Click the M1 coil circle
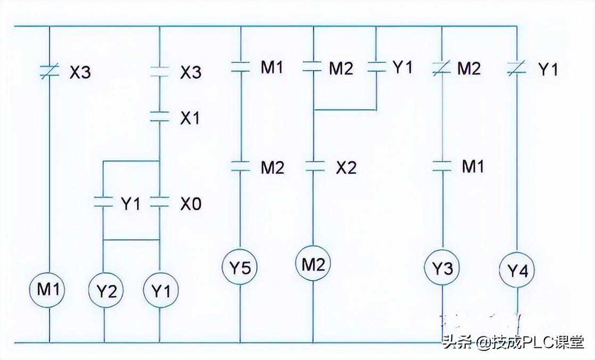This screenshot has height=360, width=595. pos(49,290)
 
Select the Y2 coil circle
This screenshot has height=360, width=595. pos(104,291)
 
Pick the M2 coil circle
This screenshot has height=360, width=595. pos(313,264)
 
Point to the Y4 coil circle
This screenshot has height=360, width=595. pos(517,272)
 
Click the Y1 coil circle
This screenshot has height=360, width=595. pos(160,291)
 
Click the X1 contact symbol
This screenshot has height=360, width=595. pos(160,117)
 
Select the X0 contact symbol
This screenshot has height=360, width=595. pos(160,202)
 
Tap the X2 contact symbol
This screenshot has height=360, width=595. pos(313,167)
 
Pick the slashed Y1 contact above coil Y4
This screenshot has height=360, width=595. pos(516,68)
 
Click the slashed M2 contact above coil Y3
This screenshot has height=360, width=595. pos(442,68)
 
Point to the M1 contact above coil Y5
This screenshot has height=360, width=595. pos(240,68)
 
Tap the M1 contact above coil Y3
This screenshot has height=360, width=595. pos(442,166)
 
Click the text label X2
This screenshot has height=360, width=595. pos(346,167)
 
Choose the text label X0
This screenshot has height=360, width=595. pos(191,203)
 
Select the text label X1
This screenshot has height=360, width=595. pos(190,118)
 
